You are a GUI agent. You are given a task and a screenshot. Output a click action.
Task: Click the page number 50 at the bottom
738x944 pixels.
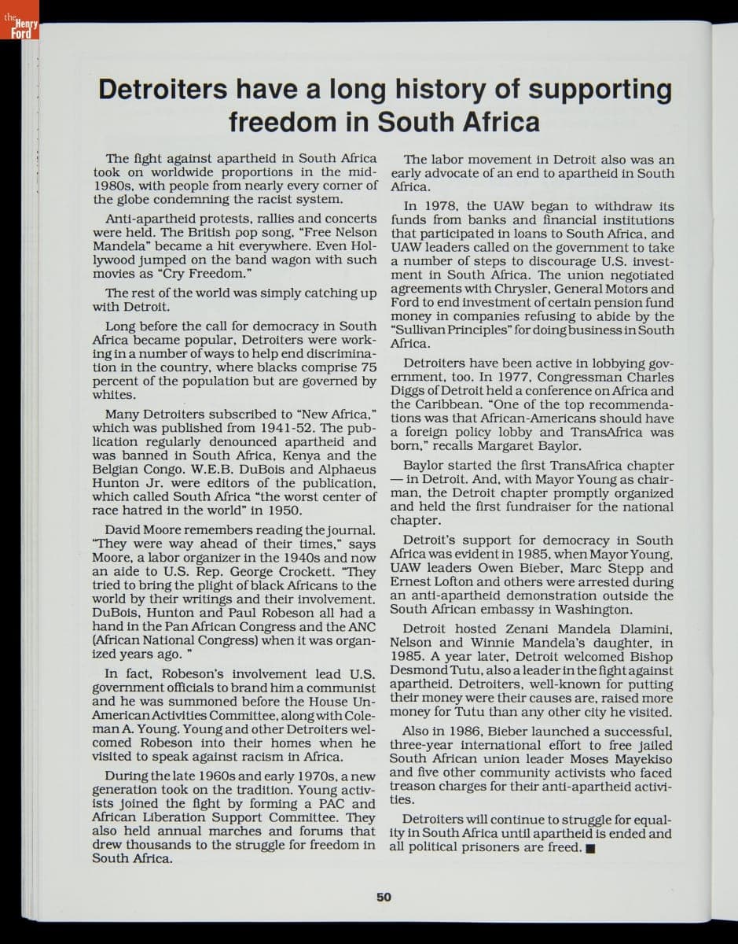[384, 896]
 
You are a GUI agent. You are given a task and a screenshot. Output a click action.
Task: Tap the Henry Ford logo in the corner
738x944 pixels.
[19, 28]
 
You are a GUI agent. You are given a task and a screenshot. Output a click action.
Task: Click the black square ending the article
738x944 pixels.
[590, 848]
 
